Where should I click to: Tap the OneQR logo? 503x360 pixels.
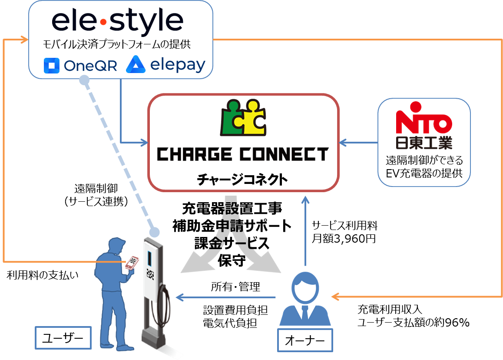pyautogui.click(x=81, y=66)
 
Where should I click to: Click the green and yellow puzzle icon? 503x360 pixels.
pyautogui.click(x=243, y=118)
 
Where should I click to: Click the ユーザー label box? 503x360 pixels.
pyautogui.click(x=63, y=338)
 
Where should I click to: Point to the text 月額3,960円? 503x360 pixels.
pyautogui.click(x=344, y=238)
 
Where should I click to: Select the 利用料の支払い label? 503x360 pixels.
pyautogui.click(x=43, y=275)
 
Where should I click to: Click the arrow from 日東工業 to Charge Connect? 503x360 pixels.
pyautogui.click(x=358, y=142)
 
